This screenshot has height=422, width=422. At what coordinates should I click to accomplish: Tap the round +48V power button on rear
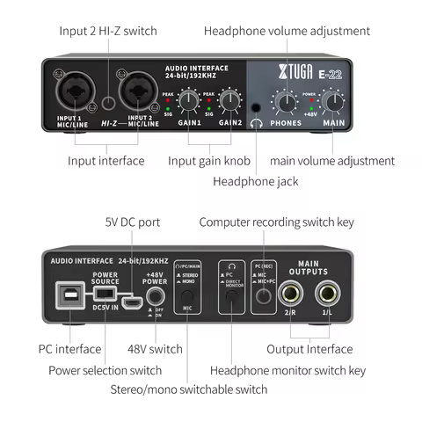[156, 296]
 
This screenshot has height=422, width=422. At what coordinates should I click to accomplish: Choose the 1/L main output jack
[328, 296]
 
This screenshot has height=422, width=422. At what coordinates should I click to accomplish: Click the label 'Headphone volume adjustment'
[287, 32]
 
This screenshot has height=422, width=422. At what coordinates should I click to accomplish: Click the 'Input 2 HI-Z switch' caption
[108, 32]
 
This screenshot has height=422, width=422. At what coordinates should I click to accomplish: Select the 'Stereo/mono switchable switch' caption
[189, 389]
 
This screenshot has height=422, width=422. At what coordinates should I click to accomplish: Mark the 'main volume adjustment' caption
[331, 161]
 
